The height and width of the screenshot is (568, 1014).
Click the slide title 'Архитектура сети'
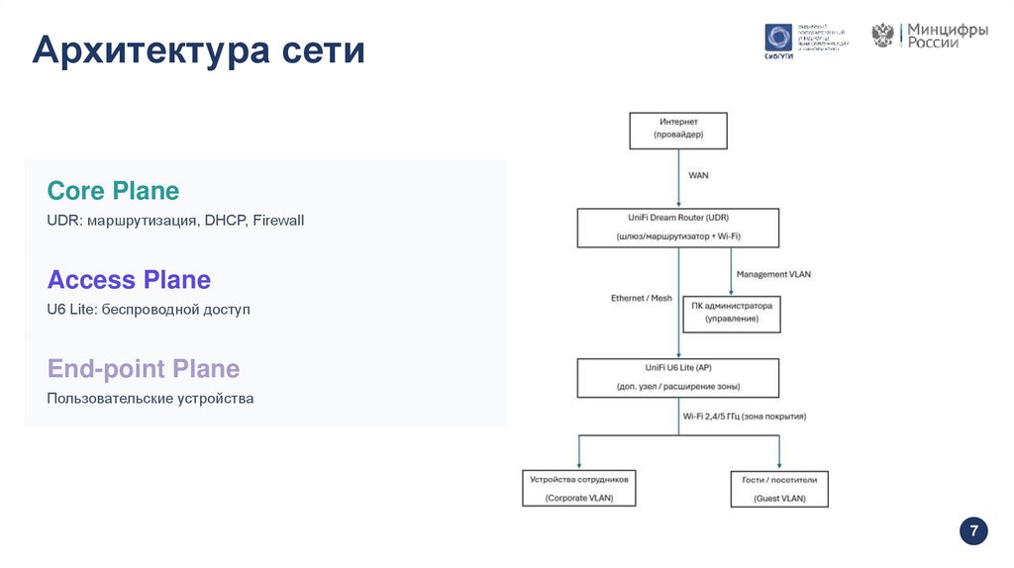pyautogui.click(x=198, y=49)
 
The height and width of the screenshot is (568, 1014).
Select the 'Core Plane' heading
pyautogui.click(x=113, y=190)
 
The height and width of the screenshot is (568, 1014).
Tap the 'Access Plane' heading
pyautogui.click(x=129, y=279)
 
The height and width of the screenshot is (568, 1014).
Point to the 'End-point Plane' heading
pyautogui.click(x=144, y=369)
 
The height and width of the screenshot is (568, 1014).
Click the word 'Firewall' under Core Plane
pyautogui.click(x=278, y=221)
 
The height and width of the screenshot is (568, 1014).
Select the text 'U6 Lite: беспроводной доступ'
pyautogui.click(x=149, y=310)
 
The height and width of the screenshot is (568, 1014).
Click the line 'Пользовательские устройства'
pyautogui.click(x=151, y=399)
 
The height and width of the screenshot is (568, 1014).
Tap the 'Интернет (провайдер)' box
pyautogui.click(x=678, y=130)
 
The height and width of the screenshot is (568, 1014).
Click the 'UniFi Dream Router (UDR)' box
pyautogui.click(x=678, y=227)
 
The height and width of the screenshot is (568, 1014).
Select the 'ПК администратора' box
pyautogui.click(x=732, y=313)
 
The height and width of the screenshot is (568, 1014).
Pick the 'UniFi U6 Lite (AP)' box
pyautogui.click(x=678, y=377)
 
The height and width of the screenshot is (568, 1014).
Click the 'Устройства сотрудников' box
pyautogui.click(x=579, y=488)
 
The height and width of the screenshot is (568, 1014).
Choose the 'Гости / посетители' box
pyautogui.click(x=778, y=488)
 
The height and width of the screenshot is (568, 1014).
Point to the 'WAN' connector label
pyautogui.click(x=698, y=175)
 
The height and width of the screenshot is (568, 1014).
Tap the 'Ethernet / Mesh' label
pyautogui.click(x=641, y=298)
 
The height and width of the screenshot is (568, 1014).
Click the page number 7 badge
pyautogui.click(x=973, y=531)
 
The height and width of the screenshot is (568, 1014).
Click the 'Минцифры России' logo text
pyautogui.click(x=949, y=37)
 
